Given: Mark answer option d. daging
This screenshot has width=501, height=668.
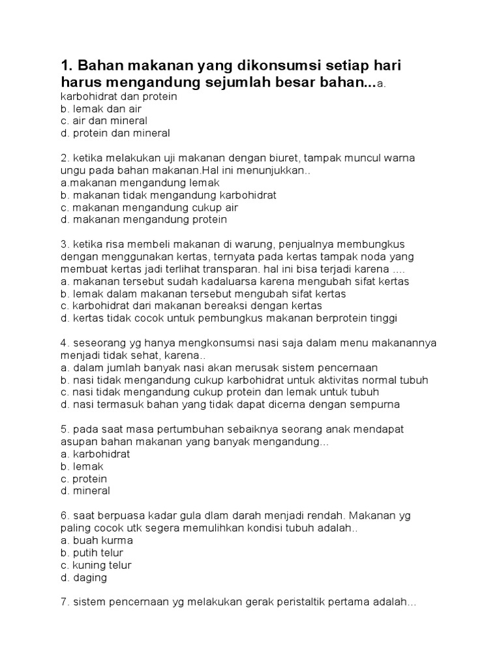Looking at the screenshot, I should [83, 577].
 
